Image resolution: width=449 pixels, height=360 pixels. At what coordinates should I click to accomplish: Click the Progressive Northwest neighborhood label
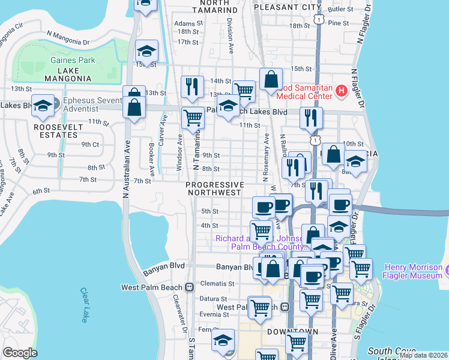[215, 188]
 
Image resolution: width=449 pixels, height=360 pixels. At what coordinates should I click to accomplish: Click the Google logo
[20, 353]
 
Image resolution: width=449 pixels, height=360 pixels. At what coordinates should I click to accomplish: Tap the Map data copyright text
[424, 355]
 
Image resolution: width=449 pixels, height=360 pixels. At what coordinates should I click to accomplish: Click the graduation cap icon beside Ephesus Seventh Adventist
[43, 106]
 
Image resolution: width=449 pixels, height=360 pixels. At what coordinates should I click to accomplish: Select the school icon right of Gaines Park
[146, 50]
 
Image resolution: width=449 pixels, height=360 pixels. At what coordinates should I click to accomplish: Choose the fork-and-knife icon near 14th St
[192, 86]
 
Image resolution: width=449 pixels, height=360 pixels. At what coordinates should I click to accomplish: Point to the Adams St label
[185, 23]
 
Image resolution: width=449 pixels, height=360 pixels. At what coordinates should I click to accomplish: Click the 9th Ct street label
[90, 145]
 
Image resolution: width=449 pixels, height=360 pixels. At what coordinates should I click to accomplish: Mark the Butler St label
[340, 9]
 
